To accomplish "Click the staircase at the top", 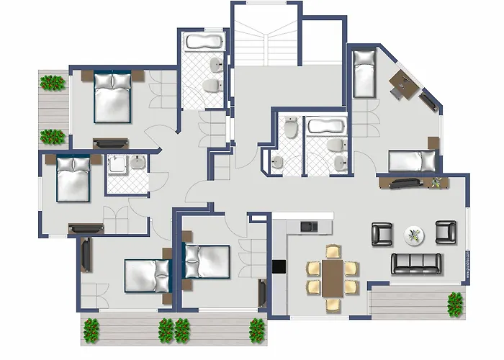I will click(266, 36).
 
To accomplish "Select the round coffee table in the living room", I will click(415, 234).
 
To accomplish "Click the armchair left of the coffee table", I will click(382, 233).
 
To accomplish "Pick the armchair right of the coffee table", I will click(446, 232).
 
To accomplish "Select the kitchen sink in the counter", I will click(308, 226).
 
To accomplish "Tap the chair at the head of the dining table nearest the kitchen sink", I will click(332, 251).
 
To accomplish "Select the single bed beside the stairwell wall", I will click(365, 73).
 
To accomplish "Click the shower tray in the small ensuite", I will click(117, 167).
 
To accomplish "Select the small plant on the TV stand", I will click(436, 182).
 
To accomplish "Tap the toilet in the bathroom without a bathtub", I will click(289, 130).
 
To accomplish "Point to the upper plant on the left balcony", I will click(52, 83).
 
